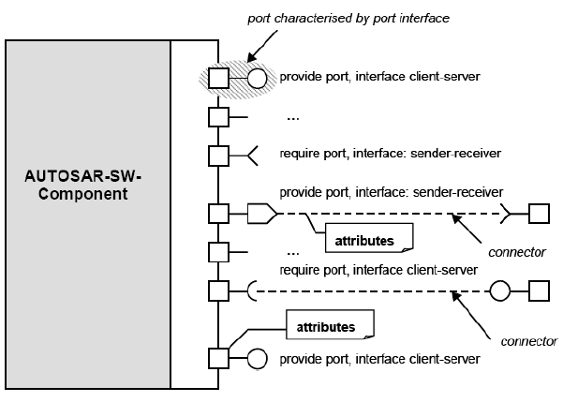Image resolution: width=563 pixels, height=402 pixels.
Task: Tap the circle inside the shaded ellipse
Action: click(x=257, y=76)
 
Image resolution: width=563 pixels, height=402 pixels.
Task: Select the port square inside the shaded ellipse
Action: click(x=218, y=76)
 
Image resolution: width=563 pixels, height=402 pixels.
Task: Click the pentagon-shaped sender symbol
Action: click(x=259, y=216)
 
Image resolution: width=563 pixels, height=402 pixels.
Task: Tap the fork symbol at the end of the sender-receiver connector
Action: click(x=506, y=216)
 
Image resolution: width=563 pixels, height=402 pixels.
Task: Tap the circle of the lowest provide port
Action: click(x=257, y=359)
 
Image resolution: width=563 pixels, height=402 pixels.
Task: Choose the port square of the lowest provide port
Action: click(x=218, y=359)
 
